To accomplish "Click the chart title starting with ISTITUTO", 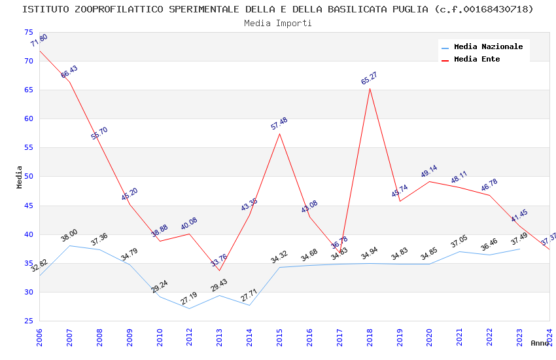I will point(277,9).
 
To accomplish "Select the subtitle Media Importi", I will point(277,23).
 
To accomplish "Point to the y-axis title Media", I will point(20,177).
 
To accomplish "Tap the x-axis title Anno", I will point(540,343).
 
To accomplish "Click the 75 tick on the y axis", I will point(28,32).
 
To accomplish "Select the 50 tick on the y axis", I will point(28,177).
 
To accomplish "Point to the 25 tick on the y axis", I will point(28,321).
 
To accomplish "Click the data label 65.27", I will point(370,79).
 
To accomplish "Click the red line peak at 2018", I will point(370,88).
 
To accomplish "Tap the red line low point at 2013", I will point(219,270).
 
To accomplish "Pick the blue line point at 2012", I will point(189,308).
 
